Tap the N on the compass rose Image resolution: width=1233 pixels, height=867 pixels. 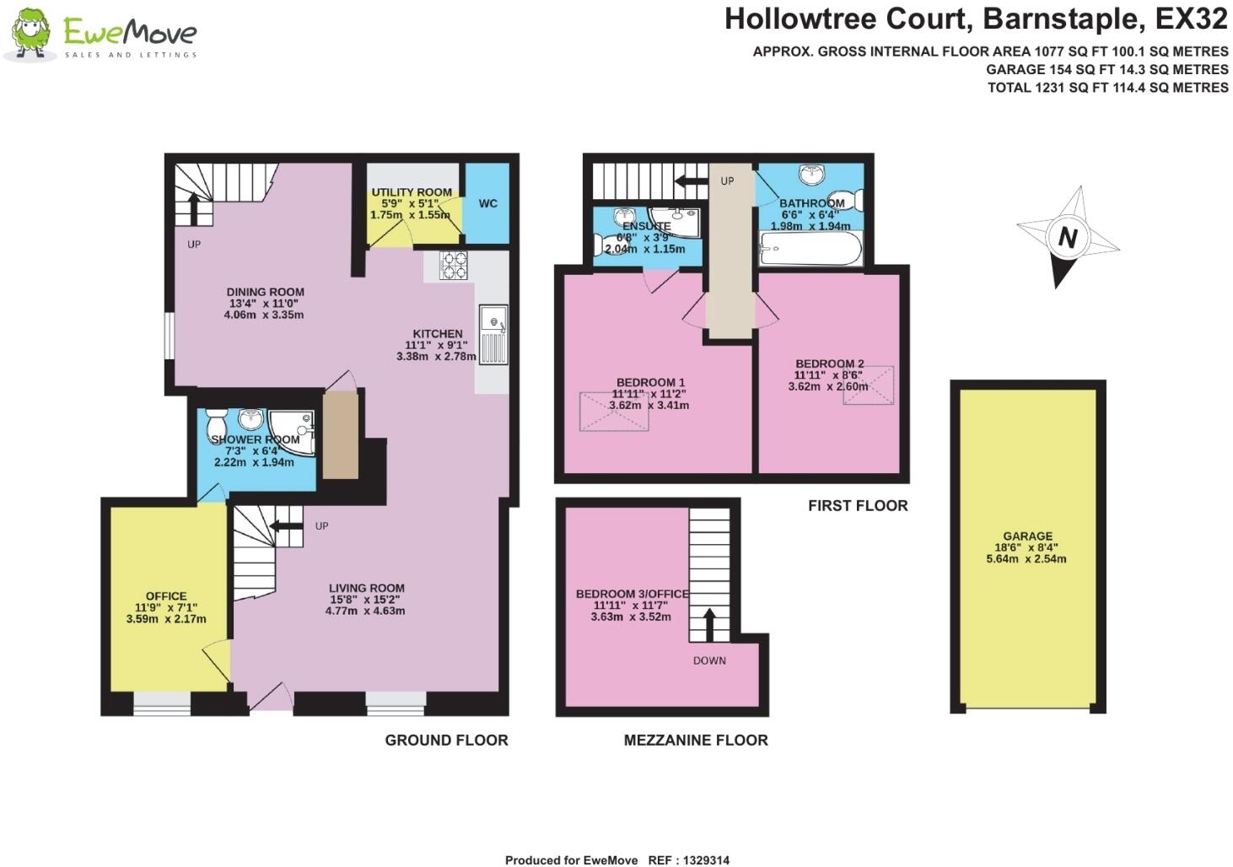(x=1068, y=238)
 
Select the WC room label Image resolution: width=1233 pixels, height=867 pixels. (x=487, y=203)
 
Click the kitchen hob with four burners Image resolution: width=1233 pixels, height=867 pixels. (x=454, y=266)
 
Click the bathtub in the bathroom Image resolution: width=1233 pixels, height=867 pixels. (x=810, y=249)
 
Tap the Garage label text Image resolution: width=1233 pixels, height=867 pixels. (x=1027, y=536)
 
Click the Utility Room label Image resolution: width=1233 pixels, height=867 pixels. (x=412, y=192)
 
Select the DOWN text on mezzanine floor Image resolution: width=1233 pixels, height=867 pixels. (x=709, y=660)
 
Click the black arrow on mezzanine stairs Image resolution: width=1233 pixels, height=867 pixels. (x=708, y=625)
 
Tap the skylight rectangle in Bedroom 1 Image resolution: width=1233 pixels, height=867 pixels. (x=614, y=412)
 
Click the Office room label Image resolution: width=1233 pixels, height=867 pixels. (x=166, y=596)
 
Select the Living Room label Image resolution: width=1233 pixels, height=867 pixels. (x=366, y=588)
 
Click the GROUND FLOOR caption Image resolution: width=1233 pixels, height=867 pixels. (x=446, y=740)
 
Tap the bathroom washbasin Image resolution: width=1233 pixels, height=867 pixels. (x=811, y=175)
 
